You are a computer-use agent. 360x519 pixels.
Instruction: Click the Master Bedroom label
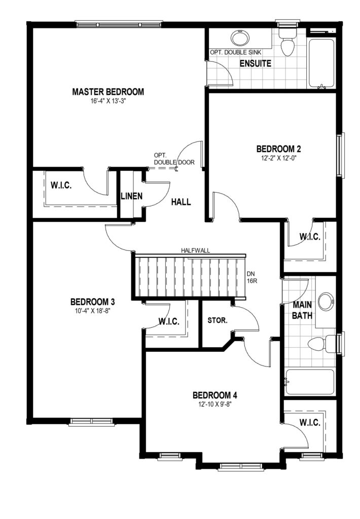coord(108,92)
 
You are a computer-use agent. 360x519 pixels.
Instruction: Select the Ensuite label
coord(256,63)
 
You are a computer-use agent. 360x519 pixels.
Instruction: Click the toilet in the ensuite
coord(287,42)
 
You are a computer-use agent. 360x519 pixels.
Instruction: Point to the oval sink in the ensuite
coord(241,39)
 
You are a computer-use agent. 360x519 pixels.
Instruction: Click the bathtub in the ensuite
coord(321,64)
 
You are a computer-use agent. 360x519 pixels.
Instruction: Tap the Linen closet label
coord(131,196)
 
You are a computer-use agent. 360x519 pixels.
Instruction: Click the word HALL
coord(181,202)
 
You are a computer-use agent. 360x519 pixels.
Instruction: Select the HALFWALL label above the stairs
coord(195,250)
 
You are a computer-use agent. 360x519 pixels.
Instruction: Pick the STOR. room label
coord(217,320)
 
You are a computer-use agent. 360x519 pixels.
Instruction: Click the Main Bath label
coord(302,310)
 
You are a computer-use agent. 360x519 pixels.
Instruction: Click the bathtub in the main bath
coord(310,382)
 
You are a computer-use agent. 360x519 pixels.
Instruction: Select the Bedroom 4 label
coord(215,395)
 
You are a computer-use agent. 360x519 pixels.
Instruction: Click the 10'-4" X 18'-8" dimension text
coord(92,311)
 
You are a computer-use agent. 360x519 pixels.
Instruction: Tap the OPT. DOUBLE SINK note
coord(235,52)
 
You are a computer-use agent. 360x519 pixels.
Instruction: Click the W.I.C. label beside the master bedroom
coord(61,185)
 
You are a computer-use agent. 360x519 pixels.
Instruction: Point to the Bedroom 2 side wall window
coord(340,155)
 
